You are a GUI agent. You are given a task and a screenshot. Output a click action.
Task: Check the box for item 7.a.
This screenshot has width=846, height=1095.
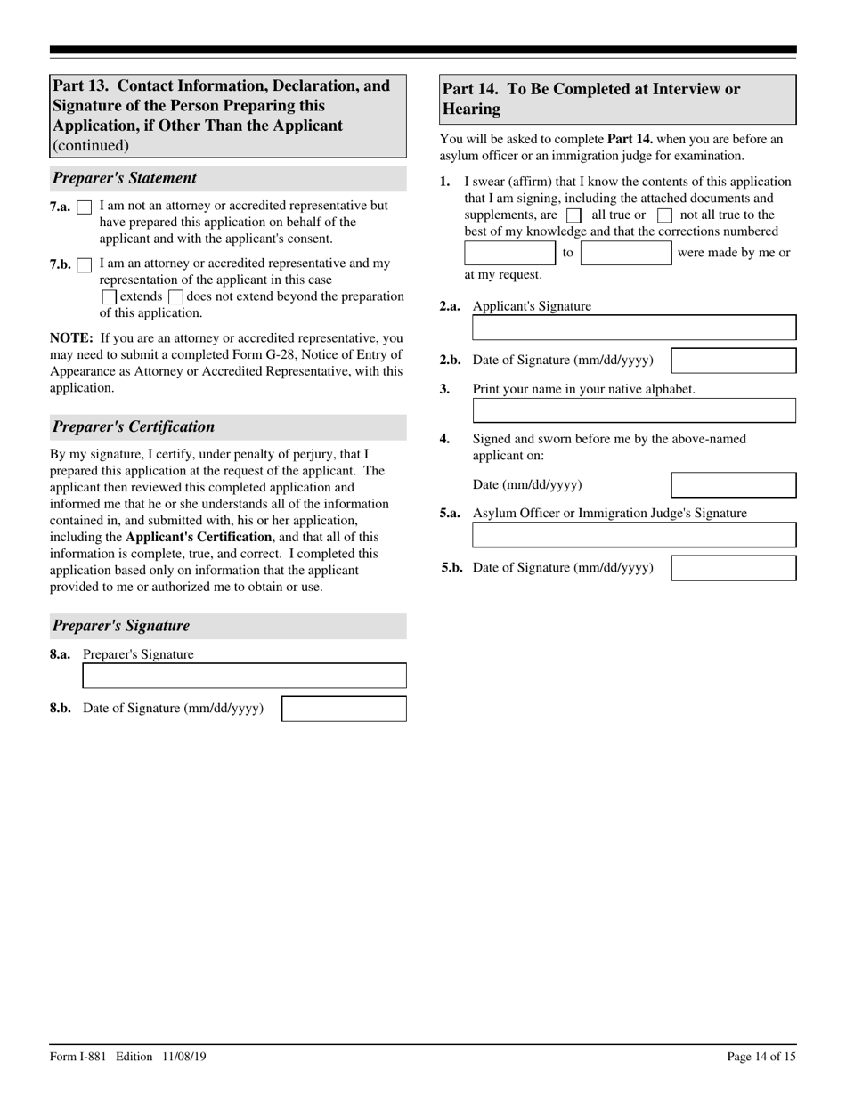pyautogui.click(x=85, y=207)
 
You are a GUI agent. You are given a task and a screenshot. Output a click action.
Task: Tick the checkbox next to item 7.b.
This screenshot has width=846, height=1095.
pyautogui.click(x=85, y=265)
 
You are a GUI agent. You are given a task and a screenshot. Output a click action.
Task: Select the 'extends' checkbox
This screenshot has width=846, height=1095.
pyautogui.click(x=110, y=297)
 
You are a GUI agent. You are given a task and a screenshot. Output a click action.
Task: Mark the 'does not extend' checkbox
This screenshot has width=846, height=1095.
pyautogui.click(x=175, y=297)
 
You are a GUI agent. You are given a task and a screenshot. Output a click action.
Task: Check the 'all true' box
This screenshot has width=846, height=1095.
pyautogui.click(x=573, y=215)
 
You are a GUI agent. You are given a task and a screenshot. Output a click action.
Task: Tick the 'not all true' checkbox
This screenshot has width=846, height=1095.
pyautogui.click(x=664, y=215)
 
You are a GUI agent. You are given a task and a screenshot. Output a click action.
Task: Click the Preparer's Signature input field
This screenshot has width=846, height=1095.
pyautogui.click(x=244, y=676)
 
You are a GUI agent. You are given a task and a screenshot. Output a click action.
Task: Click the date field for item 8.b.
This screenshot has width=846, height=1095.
pyautogui.click(x=344, y=709)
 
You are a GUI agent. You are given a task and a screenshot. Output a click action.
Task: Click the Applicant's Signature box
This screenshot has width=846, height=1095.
pyautogui.click(x=634, y=328)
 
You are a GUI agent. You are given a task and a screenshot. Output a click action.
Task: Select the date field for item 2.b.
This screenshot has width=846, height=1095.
pyautogui.click(x=733, y=361)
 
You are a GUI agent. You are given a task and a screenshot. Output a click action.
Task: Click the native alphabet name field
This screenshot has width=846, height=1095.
pyautogui.click(x=634, y=410)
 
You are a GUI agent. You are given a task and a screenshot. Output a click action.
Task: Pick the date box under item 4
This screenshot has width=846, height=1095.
pyautogui.click(x=733, y=485)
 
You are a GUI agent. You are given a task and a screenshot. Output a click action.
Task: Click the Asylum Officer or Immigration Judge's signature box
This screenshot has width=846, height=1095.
pyautogui.click(x=634, y=535)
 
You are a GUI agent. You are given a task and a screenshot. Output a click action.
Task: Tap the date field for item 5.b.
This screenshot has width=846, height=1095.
pyautogui.click(x=733, y=568)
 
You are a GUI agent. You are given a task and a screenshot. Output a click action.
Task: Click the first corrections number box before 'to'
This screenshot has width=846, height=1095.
pyautogui.click(x=510, y=253)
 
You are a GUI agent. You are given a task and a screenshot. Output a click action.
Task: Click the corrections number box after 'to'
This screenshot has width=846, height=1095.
pyautogui.click(x=626, y=253)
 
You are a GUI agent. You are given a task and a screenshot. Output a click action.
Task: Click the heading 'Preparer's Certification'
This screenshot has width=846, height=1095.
pyautogui.click(x=134, y=426)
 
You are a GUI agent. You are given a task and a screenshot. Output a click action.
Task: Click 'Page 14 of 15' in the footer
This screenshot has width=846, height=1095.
pyautogui.click(x=761, y=1057)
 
